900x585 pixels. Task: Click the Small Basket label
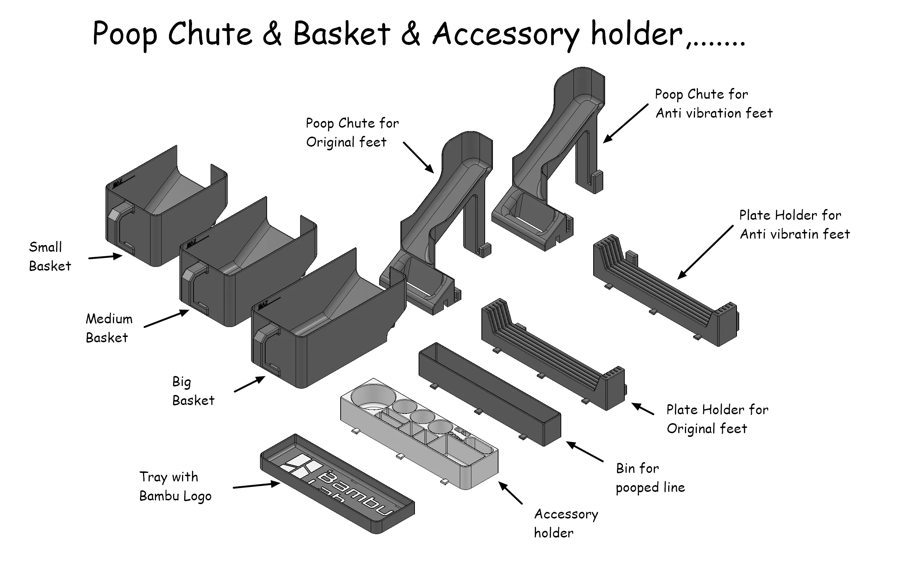click(49, 256)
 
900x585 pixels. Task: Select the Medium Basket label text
click(109, 328)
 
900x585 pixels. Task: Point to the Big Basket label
click(193, 391)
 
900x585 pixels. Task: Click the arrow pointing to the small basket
click(105, 257)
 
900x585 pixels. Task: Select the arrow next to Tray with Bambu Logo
click(256, 486)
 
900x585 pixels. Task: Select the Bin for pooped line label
click(650, 478)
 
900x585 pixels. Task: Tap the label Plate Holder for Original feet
click(717, 419)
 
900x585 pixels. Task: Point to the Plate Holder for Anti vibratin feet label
click(794, 225)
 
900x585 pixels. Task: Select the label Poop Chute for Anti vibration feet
click(713, 104)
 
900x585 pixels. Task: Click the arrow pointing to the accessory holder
click(510, 493)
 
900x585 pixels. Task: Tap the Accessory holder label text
click(565, 523)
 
